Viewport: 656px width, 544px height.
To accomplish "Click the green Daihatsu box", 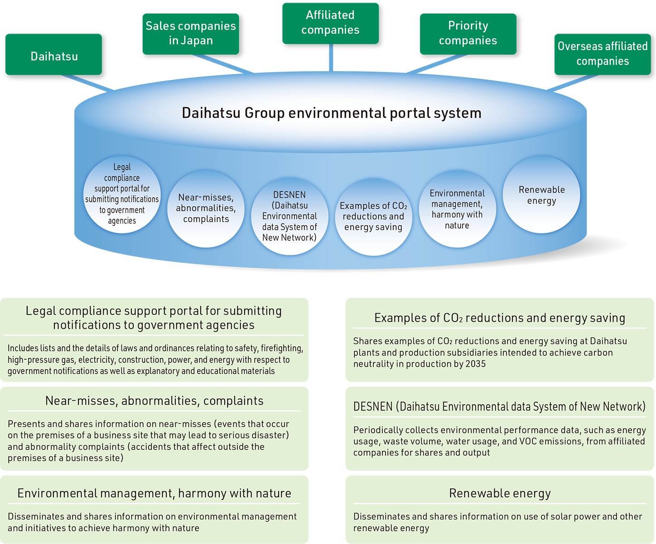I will coord(54,55).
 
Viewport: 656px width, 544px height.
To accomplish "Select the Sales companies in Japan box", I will coord(191,34).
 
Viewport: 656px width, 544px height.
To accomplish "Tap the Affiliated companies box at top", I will coord(330,23).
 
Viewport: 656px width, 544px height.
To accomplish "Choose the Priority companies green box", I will coord(468,34).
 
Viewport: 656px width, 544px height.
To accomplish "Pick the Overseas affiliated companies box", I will coord(603,54).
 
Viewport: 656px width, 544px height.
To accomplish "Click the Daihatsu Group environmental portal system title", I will coord(331,113).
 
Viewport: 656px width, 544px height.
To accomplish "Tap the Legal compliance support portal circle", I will coord(122,194).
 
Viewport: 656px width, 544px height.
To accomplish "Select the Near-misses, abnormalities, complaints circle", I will coord(206,208).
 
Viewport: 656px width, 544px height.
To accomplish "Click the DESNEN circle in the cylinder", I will coord(289,216).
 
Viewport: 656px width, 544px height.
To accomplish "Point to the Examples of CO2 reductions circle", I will coord(373,216).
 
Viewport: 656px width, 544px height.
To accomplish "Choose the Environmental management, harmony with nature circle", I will coord(457,209).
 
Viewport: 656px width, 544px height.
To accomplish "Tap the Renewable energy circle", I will coord(541,195).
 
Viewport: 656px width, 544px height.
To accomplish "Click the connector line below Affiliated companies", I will coord(331,58).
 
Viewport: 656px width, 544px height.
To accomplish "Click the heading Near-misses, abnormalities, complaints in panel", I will coord(154,401).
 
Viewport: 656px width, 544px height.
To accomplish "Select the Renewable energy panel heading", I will coord(500,493).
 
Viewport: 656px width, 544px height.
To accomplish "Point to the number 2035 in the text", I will coord(475,364).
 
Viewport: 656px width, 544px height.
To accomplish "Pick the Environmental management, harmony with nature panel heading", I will coord(154,493).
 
